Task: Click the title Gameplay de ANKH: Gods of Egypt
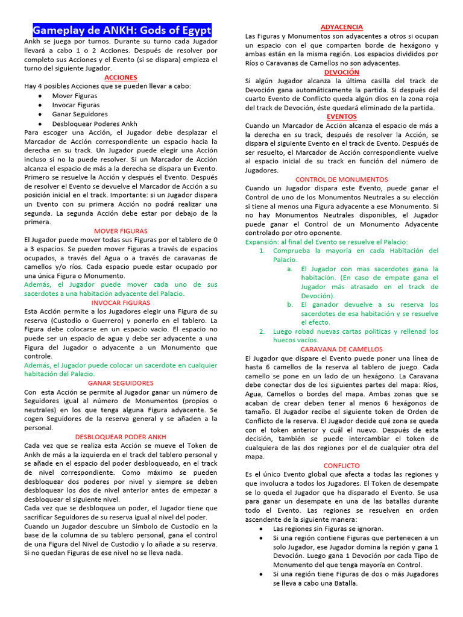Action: click(122, 31)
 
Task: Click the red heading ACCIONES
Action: click(121, 78)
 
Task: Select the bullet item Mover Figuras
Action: click(74, 96)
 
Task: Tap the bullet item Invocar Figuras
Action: click(76, 105)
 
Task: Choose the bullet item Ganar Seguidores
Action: click(80, 114)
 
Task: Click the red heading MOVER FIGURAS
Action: click(121, 231)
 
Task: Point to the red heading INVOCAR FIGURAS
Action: click(121, 302)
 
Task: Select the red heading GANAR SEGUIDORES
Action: click(121, 383)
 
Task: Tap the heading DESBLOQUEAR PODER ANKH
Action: click(121, 437)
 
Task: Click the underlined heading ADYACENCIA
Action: click(341, 27)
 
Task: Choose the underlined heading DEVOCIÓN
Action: click(341, 72)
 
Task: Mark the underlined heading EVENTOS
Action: click(341, 116)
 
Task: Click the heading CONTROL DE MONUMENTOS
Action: click(341, 180)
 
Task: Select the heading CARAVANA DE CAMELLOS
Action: click(341, 349)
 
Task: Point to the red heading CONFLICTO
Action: click(341, 466)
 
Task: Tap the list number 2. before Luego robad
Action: click(262, 331)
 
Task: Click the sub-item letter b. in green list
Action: click(290, 304)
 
